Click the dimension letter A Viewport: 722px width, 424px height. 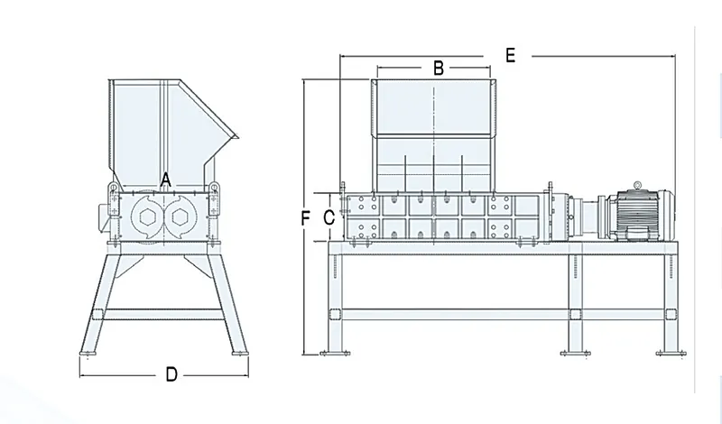[x=165, y=180]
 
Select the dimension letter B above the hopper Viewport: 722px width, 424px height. [x=438, y=68]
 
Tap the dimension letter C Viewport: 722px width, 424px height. [x=329, y=217]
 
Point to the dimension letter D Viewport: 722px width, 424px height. [x=171, y=375]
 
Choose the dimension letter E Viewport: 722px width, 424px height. [x=510, y=56]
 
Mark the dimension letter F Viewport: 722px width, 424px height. [x=306, y=217]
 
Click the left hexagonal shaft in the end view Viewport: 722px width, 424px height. [x=146, y=217]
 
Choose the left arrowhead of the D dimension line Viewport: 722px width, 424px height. [x=83, y=375]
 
